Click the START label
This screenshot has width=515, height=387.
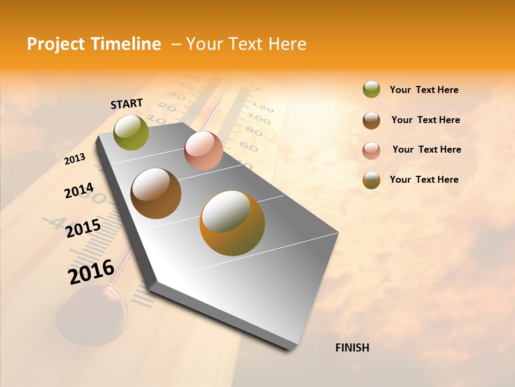tap(127, 104)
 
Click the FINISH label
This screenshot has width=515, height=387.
tap(352, 348)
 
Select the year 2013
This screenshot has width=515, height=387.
tap(75, 159)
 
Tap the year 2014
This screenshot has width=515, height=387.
tap(79, 191)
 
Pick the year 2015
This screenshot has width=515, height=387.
tap(83, 228)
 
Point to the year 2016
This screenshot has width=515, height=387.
tap(91, 272)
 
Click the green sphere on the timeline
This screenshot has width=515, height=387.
tap(131, 132)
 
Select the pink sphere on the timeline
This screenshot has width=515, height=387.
tap(203, 150)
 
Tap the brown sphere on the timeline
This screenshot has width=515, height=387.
tap(156, 193)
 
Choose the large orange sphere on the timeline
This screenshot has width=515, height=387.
tap(232, 223)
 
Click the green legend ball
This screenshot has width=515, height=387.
tap(371, 90)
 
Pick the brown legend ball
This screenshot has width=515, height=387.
tap(371, 120)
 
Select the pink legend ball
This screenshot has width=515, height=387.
tap(371, 150)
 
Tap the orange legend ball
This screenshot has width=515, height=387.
tap(371, 180)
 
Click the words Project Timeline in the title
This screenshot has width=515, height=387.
tap(94, 44)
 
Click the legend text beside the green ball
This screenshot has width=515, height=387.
tap(424, 90)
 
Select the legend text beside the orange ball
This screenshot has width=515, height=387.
tap(424, 180)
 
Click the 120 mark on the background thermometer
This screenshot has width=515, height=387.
tap(262, 106)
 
